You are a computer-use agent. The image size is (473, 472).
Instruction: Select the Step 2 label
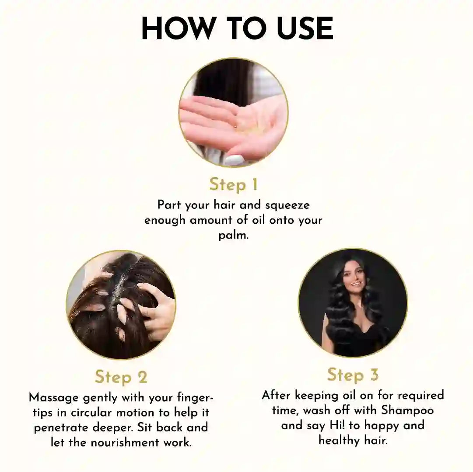pos(121,377)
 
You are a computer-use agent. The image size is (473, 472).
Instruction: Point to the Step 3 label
pos(353,375)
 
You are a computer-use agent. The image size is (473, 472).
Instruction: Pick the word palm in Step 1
pos(233,236)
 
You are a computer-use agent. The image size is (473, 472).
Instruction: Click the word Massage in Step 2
pos(54,398)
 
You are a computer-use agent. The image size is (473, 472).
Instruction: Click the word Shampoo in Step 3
pos(407,410)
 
